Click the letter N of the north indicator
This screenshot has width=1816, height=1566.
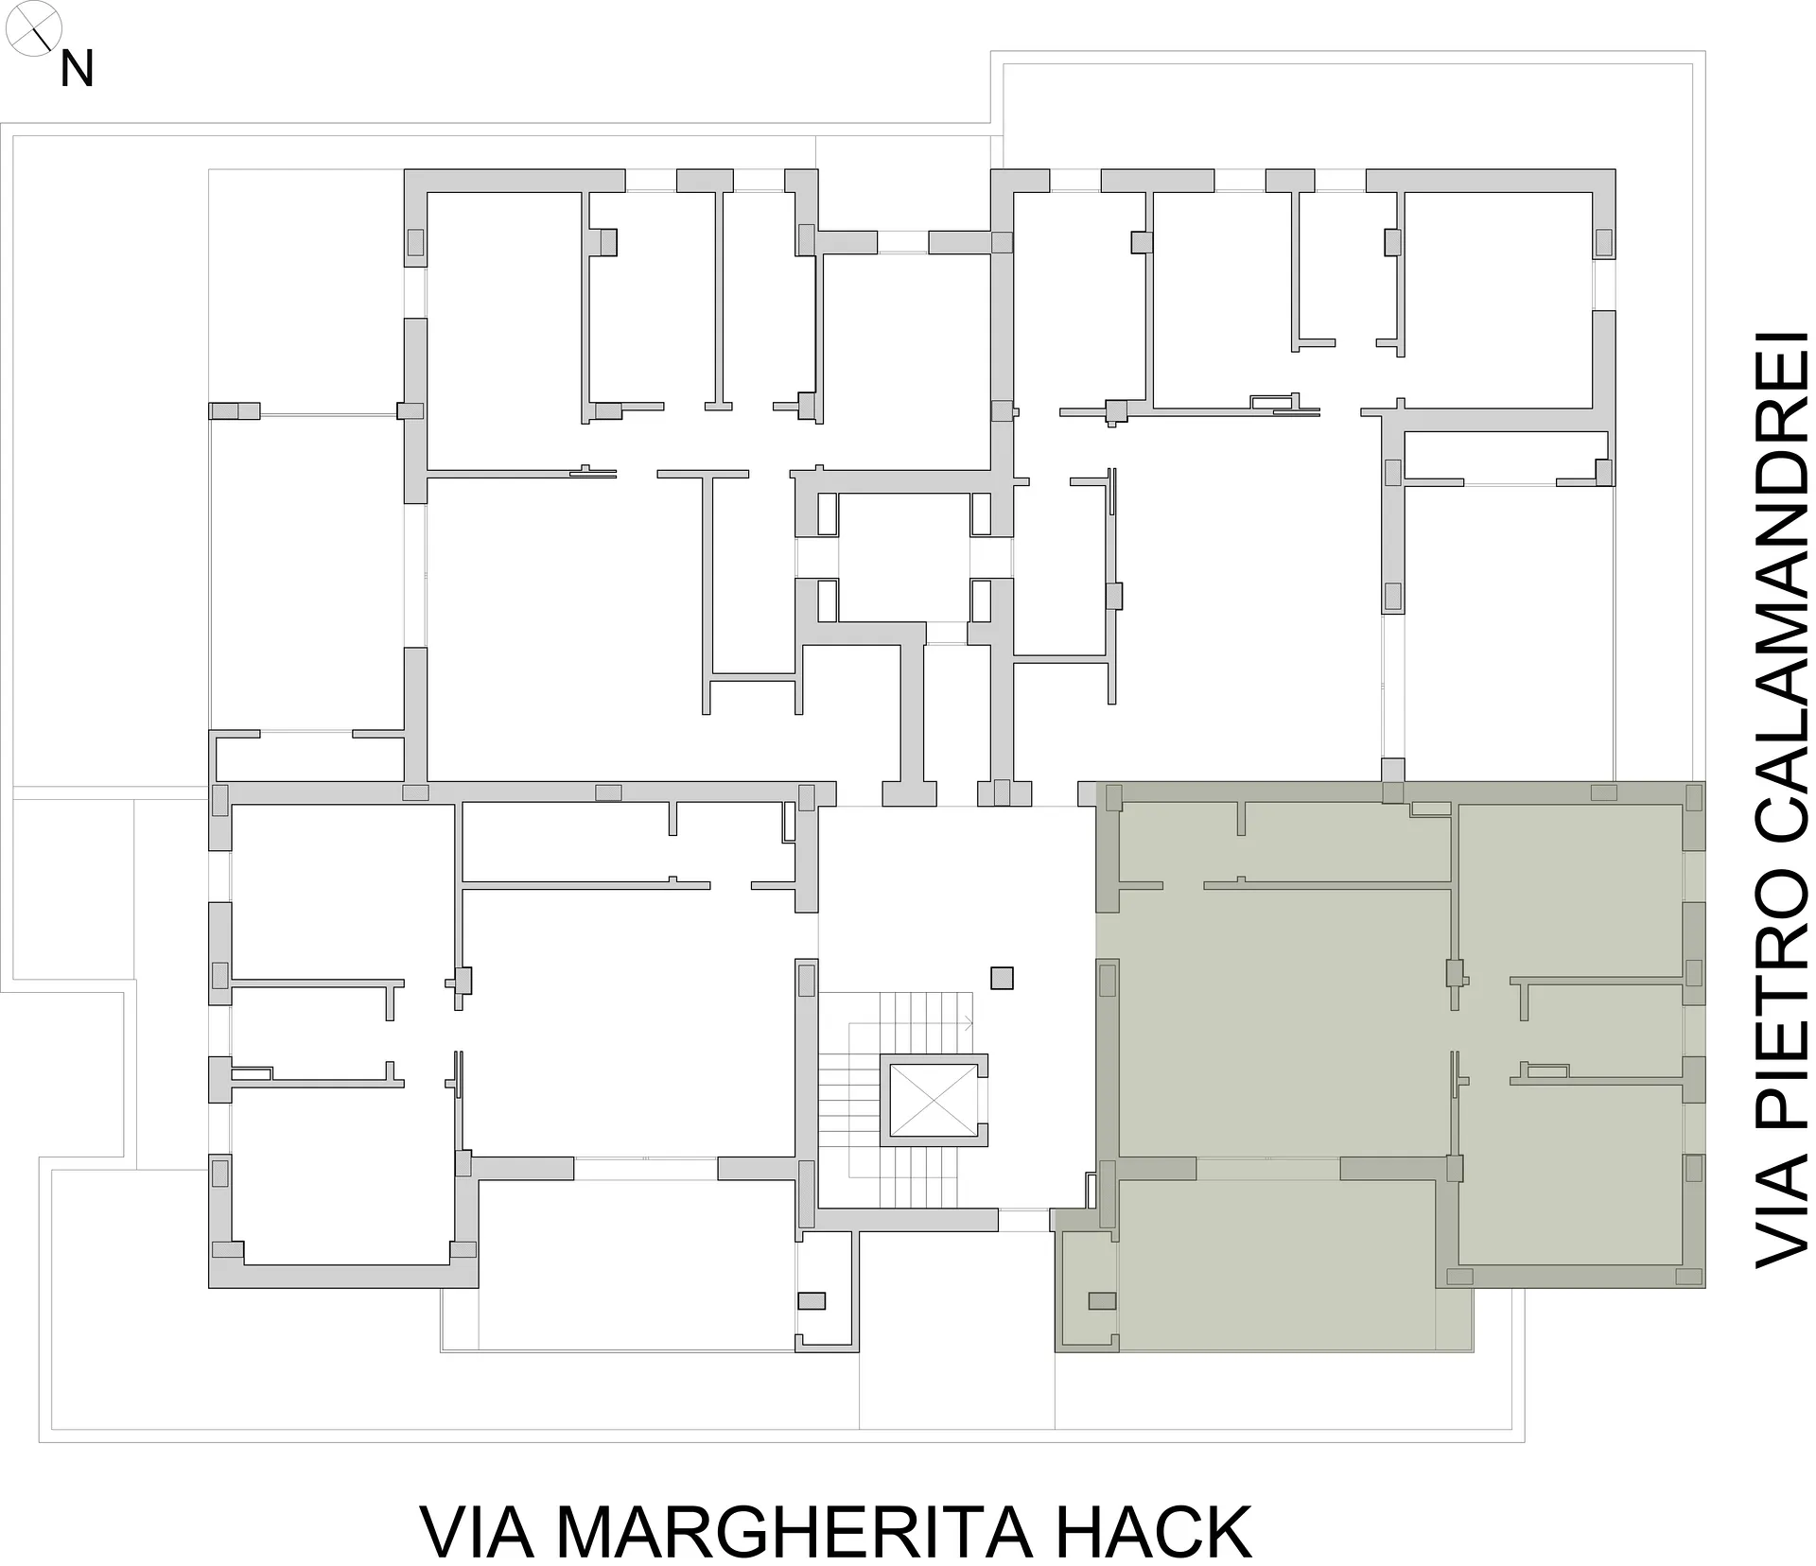coord(77,69)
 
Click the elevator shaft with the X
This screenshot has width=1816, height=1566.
coord(934,1099)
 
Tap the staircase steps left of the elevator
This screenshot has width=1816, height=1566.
coord(848,1099)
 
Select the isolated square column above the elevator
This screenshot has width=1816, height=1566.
coord(1002,977)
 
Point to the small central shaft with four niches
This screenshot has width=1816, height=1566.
coord(904,557)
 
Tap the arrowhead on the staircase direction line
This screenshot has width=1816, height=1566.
coord(969,1022)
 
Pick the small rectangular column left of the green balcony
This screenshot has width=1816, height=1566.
coord(1102,1301)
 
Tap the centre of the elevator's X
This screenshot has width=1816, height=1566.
coord(934,1100)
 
